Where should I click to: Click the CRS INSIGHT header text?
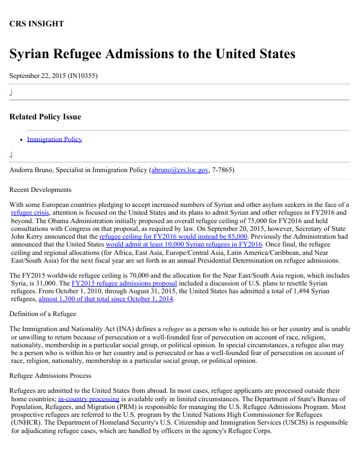(x=37, y=24)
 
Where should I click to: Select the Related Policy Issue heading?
(x=45, y=117)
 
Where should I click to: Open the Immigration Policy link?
(x=55, y=139)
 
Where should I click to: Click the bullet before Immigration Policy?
(x=21, y=140)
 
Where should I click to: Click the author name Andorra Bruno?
(x=33, y=170)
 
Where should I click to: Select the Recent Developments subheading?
(x=40, y=190)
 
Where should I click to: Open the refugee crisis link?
(x=31, y=213)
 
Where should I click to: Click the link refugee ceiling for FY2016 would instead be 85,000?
(x=173, y=236)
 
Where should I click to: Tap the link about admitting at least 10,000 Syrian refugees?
(x=184, y=245)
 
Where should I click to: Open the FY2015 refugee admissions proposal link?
(x=124, y=283)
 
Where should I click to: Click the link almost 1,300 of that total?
(x=106, y=299)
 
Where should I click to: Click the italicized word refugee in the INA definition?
(x=173, y=329)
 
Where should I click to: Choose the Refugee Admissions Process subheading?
(x=50, y=376)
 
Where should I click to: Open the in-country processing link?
(x=88, y=399)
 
